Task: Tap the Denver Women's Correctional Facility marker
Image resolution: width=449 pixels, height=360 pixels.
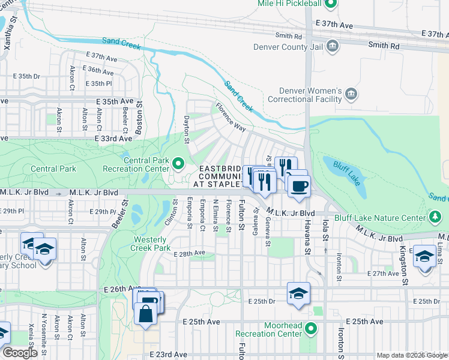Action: [x=352, y=94]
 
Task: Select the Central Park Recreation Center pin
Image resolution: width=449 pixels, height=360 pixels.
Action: [x=178, y=163]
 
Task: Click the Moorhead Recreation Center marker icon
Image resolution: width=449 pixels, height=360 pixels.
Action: [x=310, y=329]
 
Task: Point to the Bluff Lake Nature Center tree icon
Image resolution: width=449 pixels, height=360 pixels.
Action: [x=432, y=216]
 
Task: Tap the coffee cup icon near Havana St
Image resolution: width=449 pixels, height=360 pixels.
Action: [x=298, y=185]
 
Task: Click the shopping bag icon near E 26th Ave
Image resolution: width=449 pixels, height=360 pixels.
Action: [x=145, y=313]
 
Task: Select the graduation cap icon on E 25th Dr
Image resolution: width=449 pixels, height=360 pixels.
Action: [x=298, y=293]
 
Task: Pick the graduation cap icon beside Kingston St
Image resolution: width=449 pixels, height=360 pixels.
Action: [x=424, y=256]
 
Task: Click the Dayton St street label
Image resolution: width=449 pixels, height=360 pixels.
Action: [x=187, y=129]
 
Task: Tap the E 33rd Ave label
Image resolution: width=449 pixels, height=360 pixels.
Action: [x=113, y=139]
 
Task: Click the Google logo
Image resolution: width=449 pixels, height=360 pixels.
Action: [x=19, y=353]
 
